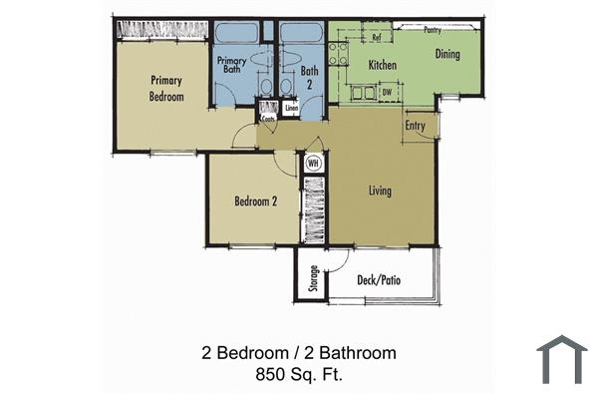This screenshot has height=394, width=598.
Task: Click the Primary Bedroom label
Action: [x=166, y=88]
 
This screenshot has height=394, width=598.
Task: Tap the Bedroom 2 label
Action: [x=255, y=200]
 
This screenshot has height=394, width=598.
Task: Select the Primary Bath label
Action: [x=231, y=66]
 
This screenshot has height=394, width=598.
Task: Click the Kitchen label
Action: [x=383, y=66]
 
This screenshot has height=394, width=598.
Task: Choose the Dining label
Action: [x=447, y=54]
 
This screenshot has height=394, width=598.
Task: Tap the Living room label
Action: [x=379, y=191]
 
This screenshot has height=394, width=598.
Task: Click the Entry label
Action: [x=417, y=126]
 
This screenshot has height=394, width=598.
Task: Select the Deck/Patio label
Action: [x=379, y=281]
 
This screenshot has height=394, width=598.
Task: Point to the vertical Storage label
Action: [x=314, y=275]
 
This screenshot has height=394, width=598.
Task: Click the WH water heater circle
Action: [x=313, y=163]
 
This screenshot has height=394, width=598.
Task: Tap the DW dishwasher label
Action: [x=386, y=93]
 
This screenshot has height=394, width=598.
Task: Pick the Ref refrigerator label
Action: [x=377, y=38]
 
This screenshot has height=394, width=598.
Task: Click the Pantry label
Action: [x=432, y=30]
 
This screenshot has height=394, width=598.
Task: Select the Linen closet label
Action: [x=291, y=107]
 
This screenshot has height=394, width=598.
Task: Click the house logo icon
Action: [x=561, y=359]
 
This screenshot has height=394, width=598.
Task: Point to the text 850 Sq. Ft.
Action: [x=298, y=374]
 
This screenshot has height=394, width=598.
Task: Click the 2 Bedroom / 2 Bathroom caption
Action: [x=298, y=352]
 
